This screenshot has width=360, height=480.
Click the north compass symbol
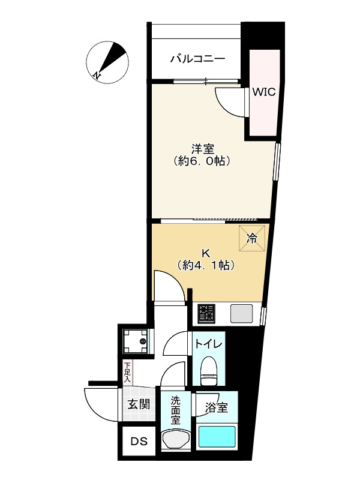tap(107, 62)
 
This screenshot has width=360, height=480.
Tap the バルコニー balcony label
tap(197, 59)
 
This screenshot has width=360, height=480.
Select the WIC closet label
tap(263, 92)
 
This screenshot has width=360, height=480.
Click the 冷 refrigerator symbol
tap(252, 238)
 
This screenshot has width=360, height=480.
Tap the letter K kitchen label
tap(205, 251)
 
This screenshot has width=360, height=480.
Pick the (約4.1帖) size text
tap(205, 265)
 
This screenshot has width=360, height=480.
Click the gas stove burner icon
tap(208, 313)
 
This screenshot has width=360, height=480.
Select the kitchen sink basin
tap(242, 313)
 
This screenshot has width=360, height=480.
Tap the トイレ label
tap(208, 344)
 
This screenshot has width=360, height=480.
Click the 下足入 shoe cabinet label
tap(127, 371)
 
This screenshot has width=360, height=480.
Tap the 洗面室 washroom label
tap(175, 409)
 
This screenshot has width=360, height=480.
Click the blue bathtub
tap(217, 437)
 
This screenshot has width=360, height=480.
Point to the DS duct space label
tap(139, 442)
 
